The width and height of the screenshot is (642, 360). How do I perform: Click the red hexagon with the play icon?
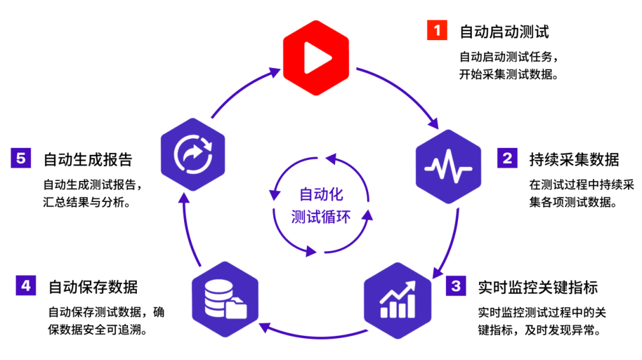(316, 58)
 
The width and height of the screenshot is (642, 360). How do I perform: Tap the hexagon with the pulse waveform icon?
(448, 167)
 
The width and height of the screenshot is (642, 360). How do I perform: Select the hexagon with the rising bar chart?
(397, 301)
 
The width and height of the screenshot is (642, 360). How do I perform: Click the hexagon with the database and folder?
(225, 299)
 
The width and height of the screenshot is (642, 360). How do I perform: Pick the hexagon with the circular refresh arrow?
(193, 154)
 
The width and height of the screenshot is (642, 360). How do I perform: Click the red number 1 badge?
(437, 31)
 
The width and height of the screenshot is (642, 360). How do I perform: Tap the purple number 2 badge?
(507, 158)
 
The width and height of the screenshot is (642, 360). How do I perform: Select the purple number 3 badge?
(456, 285)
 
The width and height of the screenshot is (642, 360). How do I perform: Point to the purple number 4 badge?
(25, 285)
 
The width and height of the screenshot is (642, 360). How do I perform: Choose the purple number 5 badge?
(21, 158)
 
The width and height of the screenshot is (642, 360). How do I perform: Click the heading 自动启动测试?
(504, 31)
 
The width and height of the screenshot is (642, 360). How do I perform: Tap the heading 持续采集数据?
(574, 159)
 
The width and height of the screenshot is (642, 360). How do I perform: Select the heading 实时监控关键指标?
(538, 287)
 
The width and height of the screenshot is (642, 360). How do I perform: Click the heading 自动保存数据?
(93, 287)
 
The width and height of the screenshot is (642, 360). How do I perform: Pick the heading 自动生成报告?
(88, 159)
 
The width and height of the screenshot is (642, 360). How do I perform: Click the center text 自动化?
(322, 194)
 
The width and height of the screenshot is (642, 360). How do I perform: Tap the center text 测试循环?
(321, 216)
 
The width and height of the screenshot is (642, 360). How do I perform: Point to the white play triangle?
(316, 58)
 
